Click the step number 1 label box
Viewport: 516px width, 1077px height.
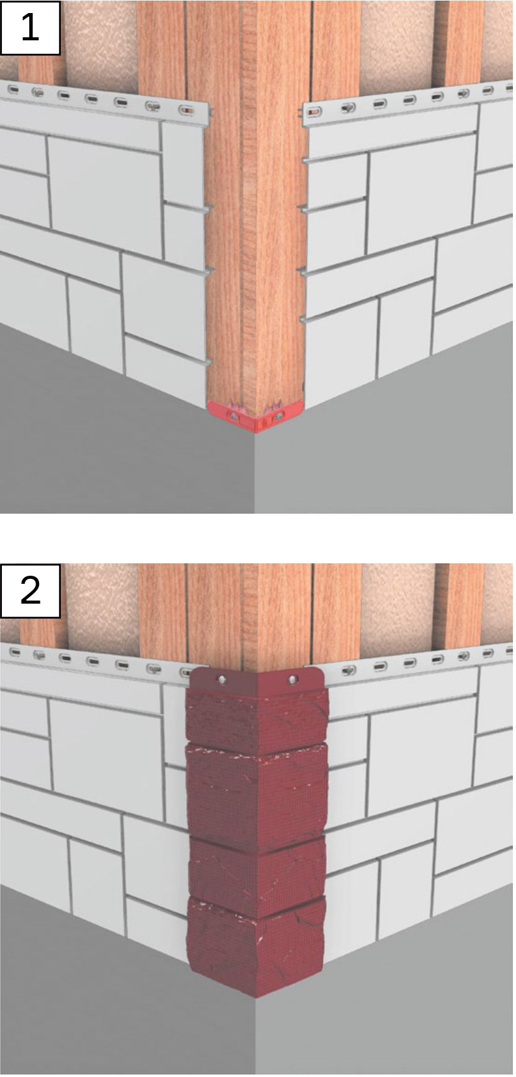coord(30,28)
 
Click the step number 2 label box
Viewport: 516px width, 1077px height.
coord(30,591)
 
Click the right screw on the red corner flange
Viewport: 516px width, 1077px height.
coord(292,681)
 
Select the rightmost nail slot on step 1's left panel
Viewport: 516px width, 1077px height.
coord(186,110)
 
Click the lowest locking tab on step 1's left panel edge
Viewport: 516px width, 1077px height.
coord(207,362)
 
